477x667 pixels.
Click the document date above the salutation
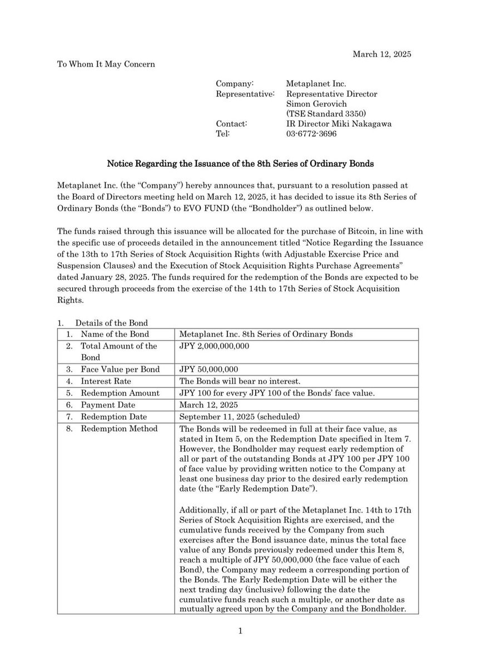click(382, 54)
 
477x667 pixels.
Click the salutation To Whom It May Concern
click(106, 64)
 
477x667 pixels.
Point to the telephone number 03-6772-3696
click(311, 133)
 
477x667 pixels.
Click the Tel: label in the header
click(222, 133)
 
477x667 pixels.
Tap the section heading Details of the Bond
click(111, 323)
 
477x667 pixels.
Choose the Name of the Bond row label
click(115, 334)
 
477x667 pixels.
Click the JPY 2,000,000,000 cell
click(215, 346)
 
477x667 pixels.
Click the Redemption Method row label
click(119, 428)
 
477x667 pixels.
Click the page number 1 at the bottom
click(240, 630)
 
